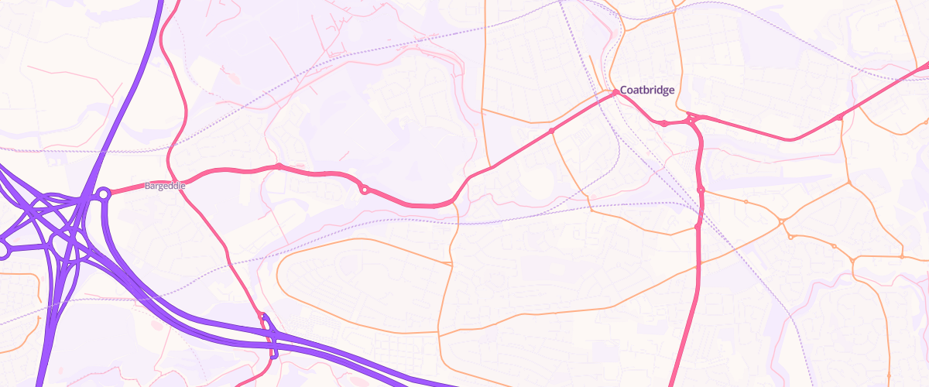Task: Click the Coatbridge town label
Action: tap(647, 90)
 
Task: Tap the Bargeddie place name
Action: tap(163, 186)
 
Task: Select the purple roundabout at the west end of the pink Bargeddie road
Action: tap(102, 193)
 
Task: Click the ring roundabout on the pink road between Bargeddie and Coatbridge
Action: tap(364, 189)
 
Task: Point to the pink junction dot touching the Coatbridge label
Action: tap(615, 91)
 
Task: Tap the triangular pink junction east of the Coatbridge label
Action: tap(691, 120)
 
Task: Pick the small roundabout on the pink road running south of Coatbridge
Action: tap(701, 190)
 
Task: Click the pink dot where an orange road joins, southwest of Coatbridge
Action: tap(551, 131)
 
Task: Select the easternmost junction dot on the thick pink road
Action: tap(840, 117)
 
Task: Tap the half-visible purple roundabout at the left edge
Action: tap(2, 250)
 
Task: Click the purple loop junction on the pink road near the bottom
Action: tap(269, 335)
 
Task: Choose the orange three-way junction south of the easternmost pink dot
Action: tap(848, 183)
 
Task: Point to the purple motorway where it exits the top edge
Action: tap(161, 2)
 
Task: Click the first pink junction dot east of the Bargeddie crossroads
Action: tap(279, 166)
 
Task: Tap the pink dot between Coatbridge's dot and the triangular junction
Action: tap(663, 123)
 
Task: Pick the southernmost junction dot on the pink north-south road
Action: tap(698, 227)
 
